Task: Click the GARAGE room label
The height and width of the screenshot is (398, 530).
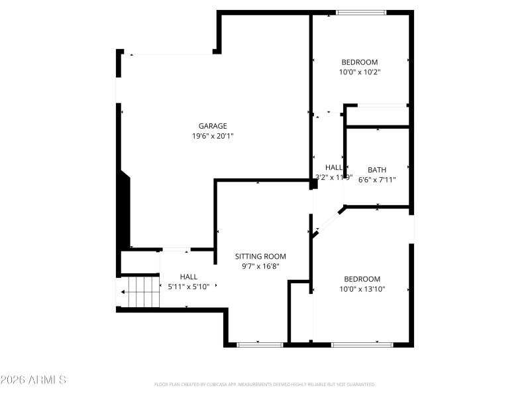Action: (213, 126)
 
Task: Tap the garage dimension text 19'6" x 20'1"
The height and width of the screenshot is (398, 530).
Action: (213, 136)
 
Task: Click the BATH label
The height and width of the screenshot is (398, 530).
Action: (377, 170)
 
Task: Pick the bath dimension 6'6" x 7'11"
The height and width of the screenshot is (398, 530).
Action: (377, 179)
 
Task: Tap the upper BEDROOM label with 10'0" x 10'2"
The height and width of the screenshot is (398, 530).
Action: (359, 62)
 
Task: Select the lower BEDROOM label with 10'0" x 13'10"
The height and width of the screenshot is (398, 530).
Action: (362, 279)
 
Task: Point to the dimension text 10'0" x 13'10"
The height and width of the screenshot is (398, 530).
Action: (362, 289)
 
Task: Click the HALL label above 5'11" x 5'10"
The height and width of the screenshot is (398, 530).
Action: (188, 277)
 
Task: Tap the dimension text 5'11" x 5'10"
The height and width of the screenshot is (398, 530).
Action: (188, 287)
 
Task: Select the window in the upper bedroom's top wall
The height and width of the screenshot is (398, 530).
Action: (361, 12)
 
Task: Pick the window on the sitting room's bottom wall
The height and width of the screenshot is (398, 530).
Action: (260, 344)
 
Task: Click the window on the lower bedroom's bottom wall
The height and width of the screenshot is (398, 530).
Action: (362, 344)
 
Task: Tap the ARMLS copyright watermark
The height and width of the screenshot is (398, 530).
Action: (33, 380)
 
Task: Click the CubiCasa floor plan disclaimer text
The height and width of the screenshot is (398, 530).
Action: (265, 384)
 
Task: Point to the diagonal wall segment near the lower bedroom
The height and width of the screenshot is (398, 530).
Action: (328, 221)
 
